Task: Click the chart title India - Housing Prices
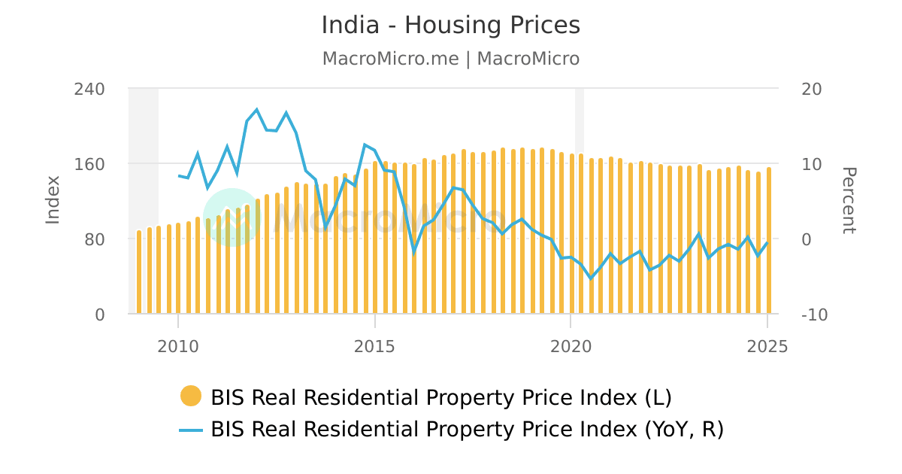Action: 451,26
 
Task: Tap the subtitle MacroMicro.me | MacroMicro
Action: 451,59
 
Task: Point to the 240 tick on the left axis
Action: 89,89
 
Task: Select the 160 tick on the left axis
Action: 89,164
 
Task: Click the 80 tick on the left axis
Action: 94,239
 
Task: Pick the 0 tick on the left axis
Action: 100,314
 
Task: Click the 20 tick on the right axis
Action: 812,89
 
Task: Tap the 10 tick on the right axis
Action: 812,164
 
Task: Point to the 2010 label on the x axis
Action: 178,346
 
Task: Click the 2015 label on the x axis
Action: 374,346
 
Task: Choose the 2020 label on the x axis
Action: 571,346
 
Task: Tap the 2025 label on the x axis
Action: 767,346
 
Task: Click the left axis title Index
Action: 53,199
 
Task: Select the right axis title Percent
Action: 848,201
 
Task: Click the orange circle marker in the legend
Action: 191,397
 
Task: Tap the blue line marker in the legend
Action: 191,430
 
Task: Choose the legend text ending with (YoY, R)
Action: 467,430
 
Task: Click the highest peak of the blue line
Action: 257,110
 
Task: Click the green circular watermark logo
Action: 232,217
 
